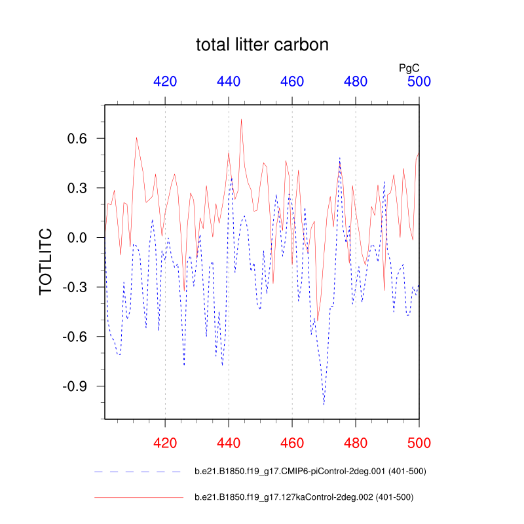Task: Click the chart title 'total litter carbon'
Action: pyautogui.click(x=262, y=45)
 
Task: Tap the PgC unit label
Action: pyautogui.click(x=409, y=67)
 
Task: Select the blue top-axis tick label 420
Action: pyautogui.click(x=165, y=82)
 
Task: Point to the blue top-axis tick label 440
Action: pyautogui.click(x=229, y=82)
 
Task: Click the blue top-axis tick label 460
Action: pyautogui.click(x=292, y=82)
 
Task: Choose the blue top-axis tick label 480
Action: pyautogui.click(x=356, y=82)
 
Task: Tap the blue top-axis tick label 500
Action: pyautogui.click(x=419, y=82)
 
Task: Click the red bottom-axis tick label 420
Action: pyautogui.click(x=165, y=443)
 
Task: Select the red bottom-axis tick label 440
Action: pyautogui.click(x=229, y=443)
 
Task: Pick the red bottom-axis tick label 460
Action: pyautogui.click(x=292, y=443)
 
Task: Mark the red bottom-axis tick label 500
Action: pyautogui.click(x=419, y=443)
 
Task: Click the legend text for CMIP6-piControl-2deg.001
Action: pyautogui.click(x=311, y=471)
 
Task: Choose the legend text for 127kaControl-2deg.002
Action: pyautogui.click(x=304, y=497)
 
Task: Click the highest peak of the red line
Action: pyautogui.click(x=241, y=119)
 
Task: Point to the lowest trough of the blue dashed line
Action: pyautogui.click(x=324, y=405)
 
